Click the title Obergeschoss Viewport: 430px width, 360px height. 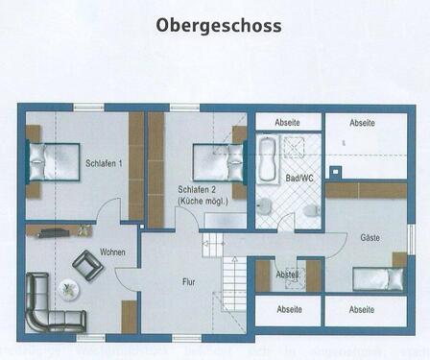[x=219, y=25]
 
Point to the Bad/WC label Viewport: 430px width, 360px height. [x=299, y=179]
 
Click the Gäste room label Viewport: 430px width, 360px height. [x=370, y=236]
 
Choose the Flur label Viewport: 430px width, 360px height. [x=189, y=281]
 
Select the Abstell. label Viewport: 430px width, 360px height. [x=288, y=274]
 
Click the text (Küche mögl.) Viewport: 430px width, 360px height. [x=203, y=202]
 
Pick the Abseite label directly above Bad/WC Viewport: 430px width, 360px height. [x=288, y=123]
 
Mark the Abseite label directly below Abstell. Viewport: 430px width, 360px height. [x=288, y=309]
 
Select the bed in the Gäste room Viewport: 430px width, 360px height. [x=379, y=278]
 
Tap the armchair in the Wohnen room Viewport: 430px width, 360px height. [x=86, y=264]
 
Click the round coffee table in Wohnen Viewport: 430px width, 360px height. [x=69, y=286]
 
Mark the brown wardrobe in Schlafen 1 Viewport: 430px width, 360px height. [x=135, y=165]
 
